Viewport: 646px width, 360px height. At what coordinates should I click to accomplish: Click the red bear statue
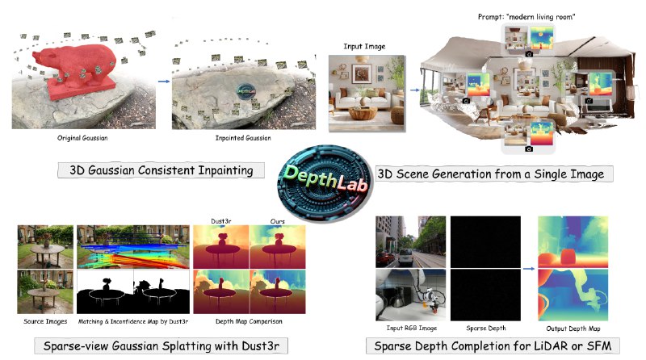click(78, 71)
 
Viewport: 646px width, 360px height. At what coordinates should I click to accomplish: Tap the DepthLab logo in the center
click(325, 183)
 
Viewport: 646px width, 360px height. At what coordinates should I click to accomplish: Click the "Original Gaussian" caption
click(82, 138)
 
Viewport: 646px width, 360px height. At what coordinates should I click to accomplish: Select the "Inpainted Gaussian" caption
click(243, 138)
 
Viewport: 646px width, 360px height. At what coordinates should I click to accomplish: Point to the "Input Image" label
click(365, 47)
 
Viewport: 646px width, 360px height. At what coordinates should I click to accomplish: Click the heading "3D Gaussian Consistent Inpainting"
click(161, 170)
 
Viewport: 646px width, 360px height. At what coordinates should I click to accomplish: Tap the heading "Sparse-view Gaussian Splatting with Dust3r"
click(161, 346)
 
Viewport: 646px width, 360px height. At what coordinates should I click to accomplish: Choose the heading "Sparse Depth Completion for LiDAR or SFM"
click(493, 346)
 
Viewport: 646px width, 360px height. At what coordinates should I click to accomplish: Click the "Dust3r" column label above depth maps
click(221, 221)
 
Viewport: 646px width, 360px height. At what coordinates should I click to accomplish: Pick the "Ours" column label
click(277, 221)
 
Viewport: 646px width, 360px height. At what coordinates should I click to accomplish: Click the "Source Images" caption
click(45, 321)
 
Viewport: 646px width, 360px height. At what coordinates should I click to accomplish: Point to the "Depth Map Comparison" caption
click(249, 321)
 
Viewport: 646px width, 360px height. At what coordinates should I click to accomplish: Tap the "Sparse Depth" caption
click(486, 329)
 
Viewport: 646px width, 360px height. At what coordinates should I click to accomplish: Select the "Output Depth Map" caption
click(573, 329)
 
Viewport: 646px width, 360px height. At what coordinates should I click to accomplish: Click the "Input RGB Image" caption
click(412, 328)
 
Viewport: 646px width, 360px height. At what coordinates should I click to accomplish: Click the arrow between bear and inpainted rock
click(164, 82)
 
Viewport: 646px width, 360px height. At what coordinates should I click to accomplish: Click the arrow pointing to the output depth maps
click(529, 269)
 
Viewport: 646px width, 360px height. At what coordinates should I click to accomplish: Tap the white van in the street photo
click(405, 257)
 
